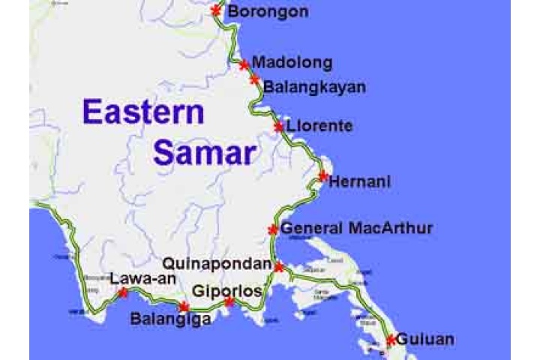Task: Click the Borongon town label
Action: click(268, 11)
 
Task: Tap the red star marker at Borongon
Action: click(217, 10)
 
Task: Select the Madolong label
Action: click(292, 62)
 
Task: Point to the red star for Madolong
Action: click(244, 65)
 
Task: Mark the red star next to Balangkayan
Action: click(255, 79)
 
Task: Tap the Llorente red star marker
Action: click(279, 127)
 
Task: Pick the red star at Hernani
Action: click(323, 177)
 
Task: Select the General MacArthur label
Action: click(356, 228)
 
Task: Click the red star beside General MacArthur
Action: click(273, 229)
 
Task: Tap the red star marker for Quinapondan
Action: click(279, 267)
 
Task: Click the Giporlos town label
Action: click(227, 290)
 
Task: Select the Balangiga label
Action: click(169, 318)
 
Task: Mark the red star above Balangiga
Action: click(184, 306)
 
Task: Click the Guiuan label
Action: click(424, 339)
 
